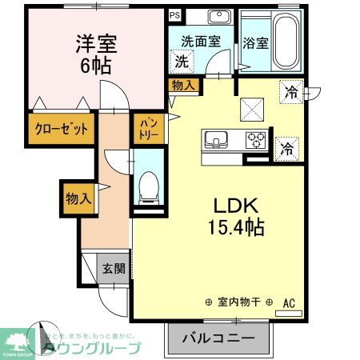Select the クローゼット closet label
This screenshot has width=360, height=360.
click(61, 128)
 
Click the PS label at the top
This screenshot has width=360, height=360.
click(174, 14)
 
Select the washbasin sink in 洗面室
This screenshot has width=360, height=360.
click(218, 18)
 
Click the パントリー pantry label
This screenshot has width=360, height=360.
click(149, 128)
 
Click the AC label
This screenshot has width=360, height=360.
click(289, 302)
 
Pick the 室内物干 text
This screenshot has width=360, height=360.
click(239, 303)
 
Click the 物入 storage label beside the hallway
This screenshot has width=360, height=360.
click(78, 197)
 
